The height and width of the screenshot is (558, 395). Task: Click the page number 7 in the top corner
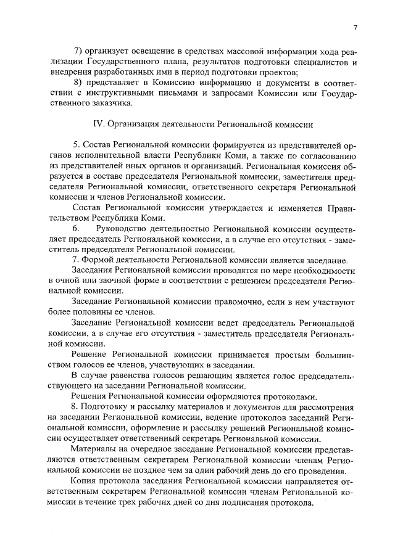[x=356, y=27]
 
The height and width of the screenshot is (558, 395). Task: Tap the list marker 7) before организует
[x=78, y=51]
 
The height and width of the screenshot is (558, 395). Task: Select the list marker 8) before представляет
[x=78, y=83]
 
